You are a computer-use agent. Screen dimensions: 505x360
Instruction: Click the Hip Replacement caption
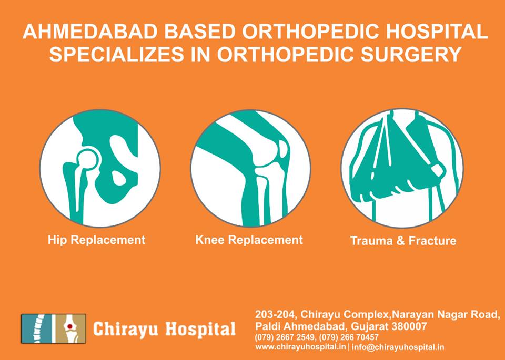point(97,240)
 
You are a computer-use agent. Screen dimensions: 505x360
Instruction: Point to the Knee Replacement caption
point(249,240)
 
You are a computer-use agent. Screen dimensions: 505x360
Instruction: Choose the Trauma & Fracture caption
point(403,241)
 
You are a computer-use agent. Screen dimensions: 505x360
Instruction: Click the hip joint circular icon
point(100,168)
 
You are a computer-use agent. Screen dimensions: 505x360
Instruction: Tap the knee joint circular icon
point(250,168)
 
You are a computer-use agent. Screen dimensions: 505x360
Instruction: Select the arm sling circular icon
point(402,168)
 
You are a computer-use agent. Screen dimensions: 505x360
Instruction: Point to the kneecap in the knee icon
point(284,149)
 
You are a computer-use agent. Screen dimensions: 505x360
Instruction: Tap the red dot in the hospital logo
point(70,326)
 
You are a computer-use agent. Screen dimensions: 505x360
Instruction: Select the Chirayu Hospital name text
point(164,329)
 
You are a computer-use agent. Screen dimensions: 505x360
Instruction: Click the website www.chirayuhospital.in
point(301,347)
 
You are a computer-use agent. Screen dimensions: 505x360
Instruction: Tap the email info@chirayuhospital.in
point(398,347)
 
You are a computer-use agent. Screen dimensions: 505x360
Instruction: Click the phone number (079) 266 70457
point(349,337)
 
